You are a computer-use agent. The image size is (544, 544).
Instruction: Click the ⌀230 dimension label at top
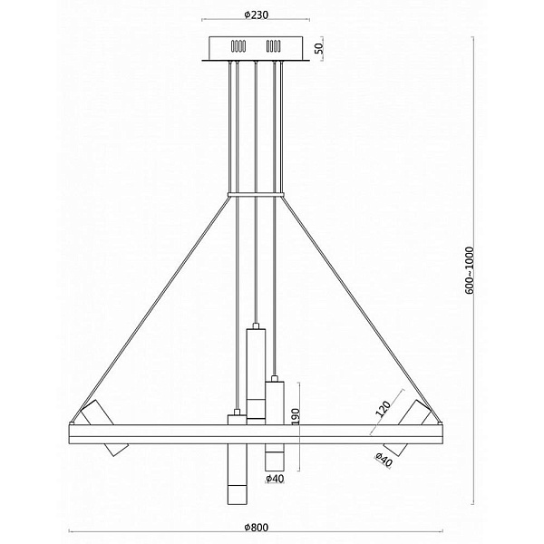click(256, 15)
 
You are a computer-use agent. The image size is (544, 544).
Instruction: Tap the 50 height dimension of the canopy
click(319, 48)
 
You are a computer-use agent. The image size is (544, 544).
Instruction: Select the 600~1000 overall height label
click(469, 270)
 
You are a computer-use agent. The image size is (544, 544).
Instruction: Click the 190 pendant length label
click(296, 416)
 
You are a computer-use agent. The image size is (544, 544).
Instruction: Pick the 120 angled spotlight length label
click(384, 408)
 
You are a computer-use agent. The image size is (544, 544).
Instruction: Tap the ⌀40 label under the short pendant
click(275, 479)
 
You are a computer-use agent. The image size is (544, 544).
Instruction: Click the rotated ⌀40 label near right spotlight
click(384, 460)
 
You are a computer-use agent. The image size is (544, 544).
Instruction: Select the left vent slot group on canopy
click(238, 46)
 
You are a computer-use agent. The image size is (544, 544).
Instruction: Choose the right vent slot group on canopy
click(274, 46)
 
